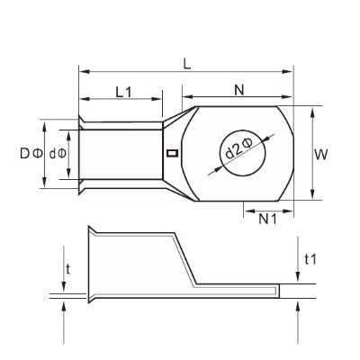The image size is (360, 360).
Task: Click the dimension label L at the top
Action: (187, 64)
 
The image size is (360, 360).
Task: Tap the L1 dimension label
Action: (123, 92)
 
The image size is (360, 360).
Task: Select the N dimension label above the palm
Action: (239, 90)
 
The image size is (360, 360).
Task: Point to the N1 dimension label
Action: (267, 220)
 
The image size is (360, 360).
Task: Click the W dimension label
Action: (321, 155)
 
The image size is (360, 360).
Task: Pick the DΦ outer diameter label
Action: (31, 154)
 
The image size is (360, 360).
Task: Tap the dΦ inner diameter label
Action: (58, 154)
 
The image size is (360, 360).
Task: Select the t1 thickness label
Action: (310, 259)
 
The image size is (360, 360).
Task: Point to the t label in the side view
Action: (68, 269)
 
